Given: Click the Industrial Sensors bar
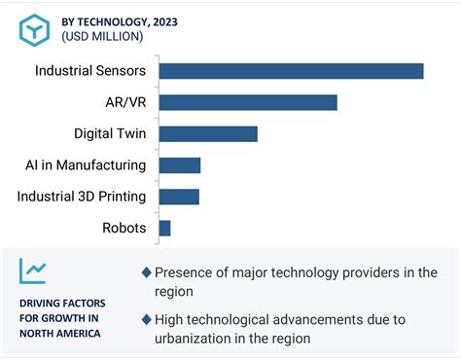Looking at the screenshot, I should pyautogui.click(x=291, y=71).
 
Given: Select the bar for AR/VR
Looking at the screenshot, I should pyautogui.click(x=247, y=102).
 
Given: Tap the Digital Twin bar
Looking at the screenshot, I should pyautogui.click(x=207, y=134).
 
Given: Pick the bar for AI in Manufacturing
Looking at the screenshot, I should pyautogui.click(x=179, y=165).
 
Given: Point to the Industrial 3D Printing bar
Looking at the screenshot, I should pyautogui.click(x=178, y=197).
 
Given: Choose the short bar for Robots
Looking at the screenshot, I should pyautogui.click(x=164, y=229).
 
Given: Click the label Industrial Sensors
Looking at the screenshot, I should pyautogui.click(x=90, y=71).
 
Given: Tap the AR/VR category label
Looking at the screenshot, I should pyautogui.click(x=124, y=102).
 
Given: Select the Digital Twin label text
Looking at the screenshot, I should pyautogui.click(x=110, y=134).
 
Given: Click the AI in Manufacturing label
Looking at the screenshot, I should pyautogui.click(x=86, y=165).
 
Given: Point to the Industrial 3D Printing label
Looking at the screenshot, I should pyautogui.click(x=82, y=197).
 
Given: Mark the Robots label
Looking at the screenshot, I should pyautogui.click(x=124, y=229).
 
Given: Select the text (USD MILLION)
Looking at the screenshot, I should pyautogui.click(x=103, y=36).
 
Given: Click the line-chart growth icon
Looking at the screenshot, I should pyautogui.click(x=35, y=270).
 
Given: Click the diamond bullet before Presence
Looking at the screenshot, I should pyautogui.click(x=146, y=272).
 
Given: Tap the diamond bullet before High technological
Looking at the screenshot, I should pyautogui.click(x=146, y=319).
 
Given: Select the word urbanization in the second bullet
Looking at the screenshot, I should pyautogui.click(x=199, y=339).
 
